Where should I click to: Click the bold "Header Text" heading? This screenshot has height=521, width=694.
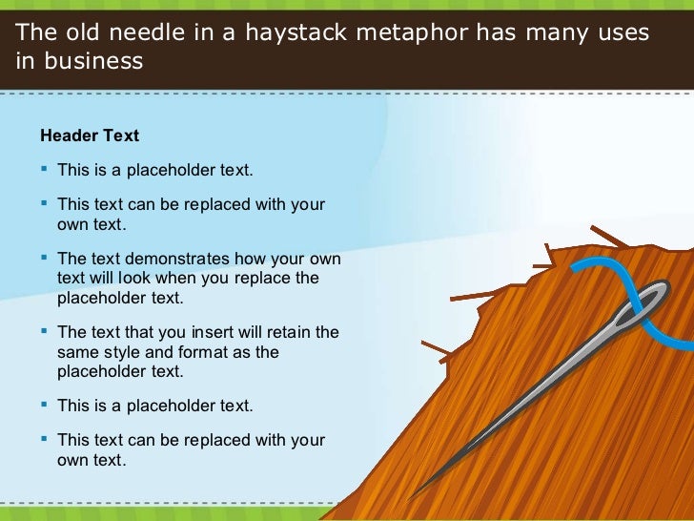point(89,135)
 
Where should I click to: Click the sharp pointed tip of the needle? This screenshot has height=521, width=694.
point(410,496)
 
